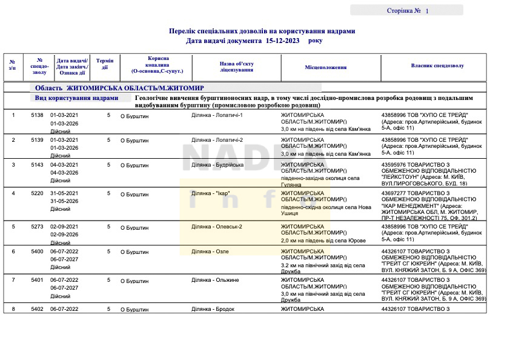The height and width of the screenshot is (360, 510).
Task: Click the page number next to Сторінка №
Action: pos(426,11)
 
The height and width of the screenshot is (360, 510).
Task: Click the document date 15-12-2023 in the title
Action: pos(282,41)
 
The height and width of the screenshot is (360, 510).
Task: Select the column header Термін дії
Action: pos(104,64)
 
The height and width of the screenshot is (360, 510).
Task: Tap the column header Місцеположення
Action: pos(326,67)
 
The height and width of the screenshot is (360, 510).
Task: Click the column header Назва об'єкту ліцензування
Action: pos(236,67)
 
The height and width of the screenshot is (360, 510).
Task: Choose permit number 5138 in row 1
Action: pos(38,115)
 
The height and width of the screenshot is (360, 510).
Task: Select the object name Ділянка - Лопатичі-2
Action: pos(217,140)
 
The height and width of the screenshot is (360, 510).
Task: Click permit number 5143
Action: pos(38,165)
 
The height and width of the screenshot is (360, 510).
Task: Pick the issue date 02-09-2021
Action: pos(64,227)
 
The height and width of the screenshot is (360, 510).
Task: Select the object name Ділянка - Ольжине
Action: pos(215,280)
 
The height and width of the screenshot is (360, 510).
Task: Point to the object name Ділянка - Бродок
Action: pos(213,309)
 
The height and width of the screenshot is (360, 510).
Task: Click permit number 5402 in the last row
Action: pos(38,309)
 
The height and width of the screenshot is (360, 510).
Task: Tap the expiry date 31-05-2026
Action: pos(64,201)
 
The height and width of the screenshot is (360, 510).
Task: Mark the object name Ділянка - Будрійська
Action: pos(217,165)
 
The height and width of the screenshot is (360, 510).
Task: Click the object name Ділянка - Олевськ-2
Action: pos(217,227)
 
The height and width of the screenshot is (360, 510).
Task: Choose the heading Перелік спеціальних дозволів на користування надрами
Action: pos(262,31)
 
